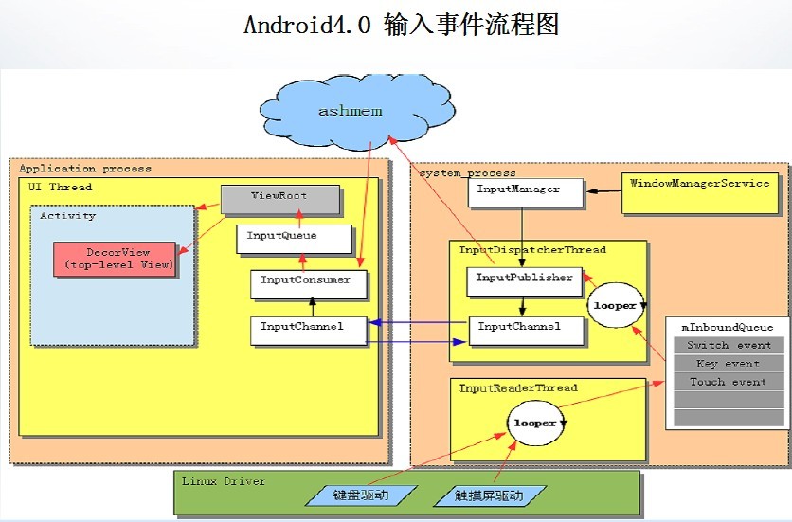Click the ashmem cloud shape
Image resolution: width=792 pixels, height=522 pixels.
tap(350, 111)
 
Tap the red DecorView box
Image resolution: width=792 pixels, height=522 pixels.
tap(116, 259)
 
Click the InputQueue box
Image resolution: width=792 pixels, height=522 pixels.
tap(281, 237)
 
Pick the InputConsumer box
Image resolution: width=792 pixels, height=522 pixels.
tap(307, 281)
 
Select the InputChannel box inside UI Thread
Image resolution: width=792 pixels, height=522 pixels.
tap(307, 328)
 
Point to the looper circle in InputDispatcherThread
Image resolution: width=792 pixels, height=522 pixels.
tap(615, 307)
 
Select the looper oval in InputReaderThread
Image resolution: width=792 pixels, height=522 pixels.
tap(534, 423)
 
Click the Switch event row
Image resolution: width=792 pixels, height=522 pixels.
tap(728, 346)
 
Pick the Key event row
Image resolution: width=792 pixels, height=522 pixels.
tap(728, 364)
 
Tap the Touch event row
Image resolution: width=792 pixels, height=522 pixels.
tap(728, 382)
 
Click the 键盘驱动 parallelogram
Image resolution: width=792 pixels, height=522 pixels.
tap(360, 495)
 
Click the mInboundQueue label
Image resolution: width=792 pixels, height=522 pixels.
tap(728, 328)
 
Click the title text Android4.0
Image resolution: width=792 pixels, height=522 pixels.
tap(307, 26)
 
